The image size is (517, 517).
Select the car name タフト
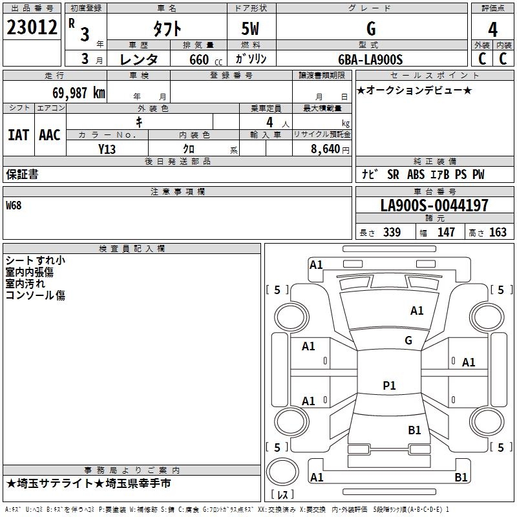pos(167,29)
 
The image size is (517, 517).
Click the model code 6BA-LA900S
pos(370,59)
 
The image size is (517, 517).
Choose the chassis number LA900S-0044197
pos(434,206)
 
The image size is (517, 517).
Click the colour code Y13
pos(107,148)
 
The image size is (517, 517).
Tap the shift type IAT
pos(18,134)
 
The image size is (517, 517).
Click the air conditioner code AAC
pos(50,134)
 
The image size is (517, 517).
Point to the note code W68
pos(14,206)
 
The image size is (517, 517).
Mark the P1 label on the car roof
pos(389,386)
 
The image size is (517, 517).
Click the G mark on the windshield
pos(408,340)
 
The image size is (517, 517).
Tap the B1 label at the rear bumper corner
pos(461,478)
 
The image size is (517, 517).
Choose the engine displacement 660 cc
pos(200,59)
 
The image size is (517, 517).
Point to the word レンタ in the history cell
pos(139,59)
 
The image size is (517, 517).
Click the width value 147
pos(446,232)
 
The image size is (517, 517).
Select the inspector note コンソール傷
pos(36,295)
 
